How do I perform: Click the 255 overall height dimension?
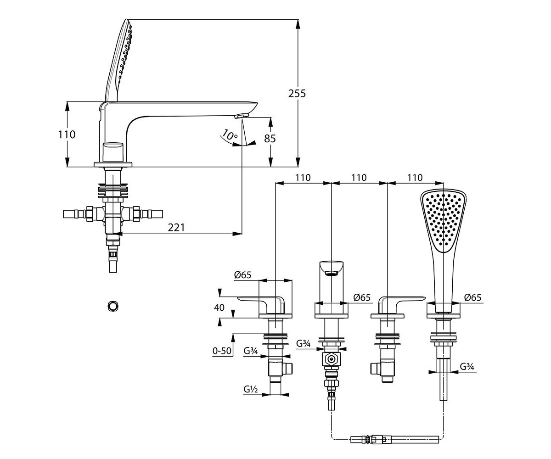[297, 93]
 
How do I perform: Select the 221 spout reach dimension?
[176, 227]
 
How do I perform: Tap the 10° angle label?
[229, 135]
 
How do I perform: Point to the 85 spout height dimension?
[270, 139]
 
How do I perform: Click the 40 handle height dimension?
[219, 308]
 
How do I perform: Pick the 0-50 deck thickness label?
[222, 351]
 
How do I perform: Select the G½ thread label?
[250, 389]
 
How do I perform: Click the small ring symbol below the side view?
[113, 306]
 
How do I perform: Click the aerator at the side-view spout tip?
[242, 116]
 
